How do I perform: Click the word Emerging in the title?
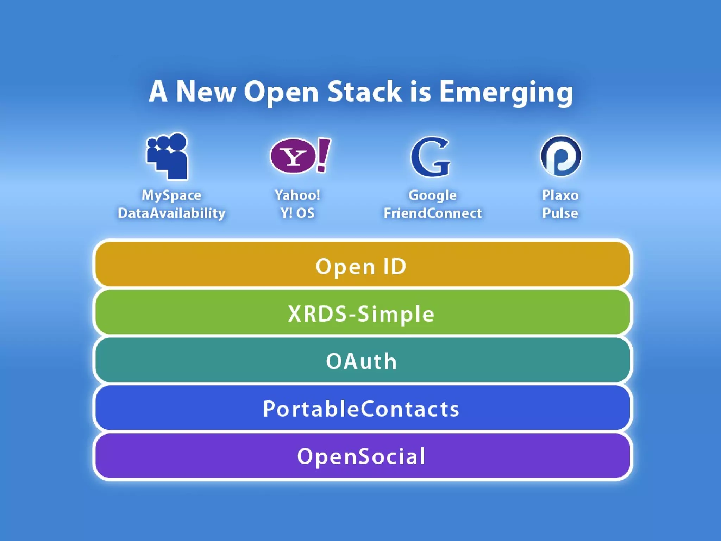coord(506,92)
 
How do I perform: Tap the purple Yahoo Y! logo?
coord(293,156)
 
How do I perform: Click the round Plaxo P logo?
coord(560,156)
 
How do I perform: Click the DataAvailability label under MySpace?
coord(171,213)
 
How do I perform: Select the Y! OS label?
coord(297,213)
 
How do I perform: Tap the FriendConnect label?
coord(433,213)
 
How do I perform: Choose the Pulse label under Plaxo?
coord(560,213)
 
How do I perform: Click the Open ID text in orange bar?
coord(361,267)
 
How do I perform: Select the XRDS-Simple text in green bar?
coord(361,314)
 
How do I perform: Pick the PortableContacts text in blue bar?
coord(361,409)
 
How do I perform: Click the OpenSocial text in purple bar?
coord(361,456)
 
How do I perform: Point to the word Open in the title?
coord(281,92)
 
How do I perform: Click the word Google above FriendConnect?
coord(433,195)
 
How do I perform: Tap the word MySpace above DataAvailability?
coord(171,195)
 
